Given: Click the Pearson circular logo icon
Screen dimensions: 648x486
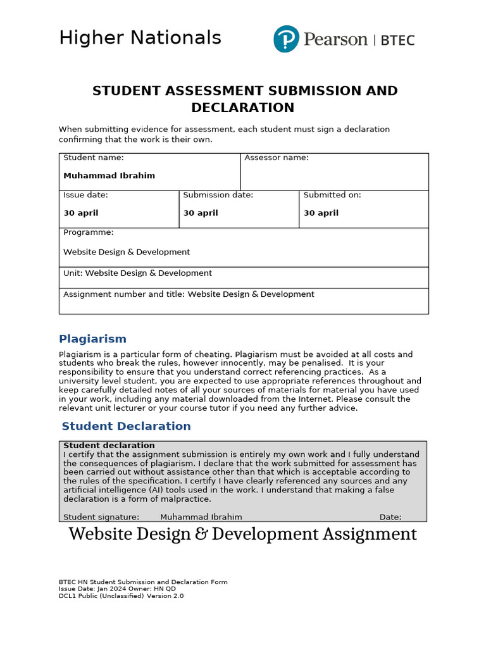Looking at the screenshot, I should click(286, 39).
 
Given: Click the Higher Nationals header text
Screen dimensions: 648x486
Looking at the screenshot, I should click(140, 38).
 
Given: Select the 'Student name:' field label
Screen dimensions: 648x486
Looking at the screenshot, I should click(94, 158).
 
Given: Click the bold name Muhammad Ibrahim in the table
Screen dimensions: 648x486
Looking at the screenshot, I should click(109, 175).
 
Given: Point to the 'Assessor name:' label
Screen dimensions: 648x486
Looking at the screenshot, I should click(277, 158).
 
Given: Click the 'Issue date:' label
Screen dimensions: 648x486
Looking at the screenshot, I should click(85, 195).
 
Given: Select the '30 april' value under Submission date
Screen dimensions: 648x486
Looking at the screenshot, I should click(201, 213).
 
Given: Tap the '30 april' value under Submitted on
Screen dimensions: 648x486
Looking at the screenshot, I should click(321, 213).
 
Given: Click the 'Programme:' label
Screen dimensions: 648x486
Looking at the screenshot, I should click(89, 232).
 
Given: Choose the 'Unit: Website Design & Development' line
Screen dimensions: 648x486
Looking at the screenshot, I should click(137, 273).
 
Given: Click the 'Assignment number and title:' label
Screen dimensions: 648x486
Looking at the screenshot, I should click(124, 294).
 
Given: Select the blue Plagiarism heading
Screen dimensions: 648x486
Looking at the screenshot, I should click(92, 339).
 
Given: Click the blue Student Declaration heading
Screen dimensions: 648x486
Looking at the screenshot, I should click(126, 426).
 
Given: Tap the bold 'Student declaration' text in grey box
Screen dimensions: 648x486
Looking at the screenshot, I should click(109, 445).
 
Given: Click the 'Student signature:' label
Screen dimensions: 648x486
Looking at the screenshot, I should click(101, 517).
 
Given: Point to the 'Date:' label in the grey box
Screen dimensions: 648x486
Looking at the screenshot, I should click(390, 517).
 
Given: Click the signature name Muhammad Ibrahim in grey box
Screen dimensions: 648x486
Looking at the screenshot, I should click(201, 517).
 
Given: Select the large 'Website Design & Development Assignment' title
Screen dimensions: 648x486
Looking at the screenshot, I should click(242, 534).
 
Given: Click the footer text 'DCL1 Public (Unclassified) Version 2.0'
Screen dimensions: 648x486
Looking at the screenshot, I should click(121, 595).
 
